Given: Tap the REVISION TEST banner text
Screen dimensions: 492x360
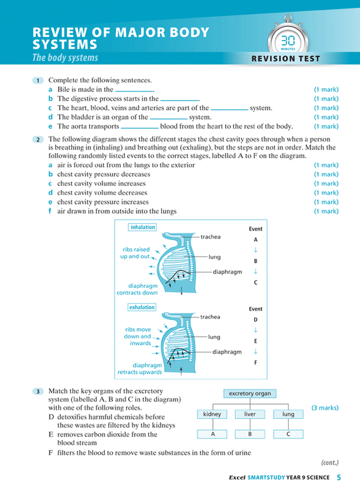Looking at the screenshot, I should pyautogui.click(x=286, y=58).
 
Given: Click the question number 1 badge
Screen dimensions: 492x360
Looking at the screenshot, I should pyautogui.click(x=38, y=80).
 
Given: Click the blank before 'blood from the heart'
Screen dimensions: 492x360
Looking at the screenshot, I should pyautogui.click(x=139, y=127).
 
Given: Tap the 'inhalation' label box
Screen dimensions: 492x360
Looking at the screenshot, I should pyautogui.click(x=142, y=227).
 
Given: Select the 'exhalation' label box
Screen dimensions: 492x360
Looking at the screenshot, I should pyautogui.click(x=142, y=308).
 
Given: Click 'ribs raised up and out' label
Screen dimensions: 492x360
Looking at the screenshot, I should pyautogui.click(x=135, y=252).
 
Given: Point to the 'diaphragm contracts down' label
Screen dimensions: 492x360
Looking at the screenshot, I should pyautogui.click(x=137, y=289).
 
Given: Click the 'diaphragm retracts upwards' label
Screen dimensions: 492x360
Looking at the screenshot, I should pyautogui.click(x=139, y=368).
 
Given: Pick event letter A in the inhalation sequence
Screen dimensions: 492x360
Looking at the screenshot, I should pyautogui.click(x=255, y=239).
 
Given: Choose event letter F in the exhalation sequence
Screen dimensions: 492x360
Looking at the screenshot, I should pyautogui.click(x=255, y=363).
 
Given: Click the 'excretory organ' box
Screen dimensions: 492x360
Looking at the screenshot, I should pyautogui.click(x=250, y=394).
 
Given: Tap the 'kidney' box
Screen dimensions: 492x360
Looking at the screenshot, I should pyautogui.click(x=211, y=414).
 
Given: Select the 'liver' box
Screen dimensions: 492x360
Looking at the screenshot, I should pyautogui.click(x=250, y=414).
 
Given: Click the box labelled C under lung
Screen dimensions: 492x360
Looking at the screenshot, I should pyautogui.click(x=288, y=434).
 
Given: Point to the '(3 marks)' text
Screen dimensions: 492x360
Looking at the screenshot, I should pyautogui.click(x=325, y=408).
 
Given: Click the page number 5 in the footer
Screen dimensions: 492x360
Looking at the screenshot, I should pyautogui.click(x=339, y=478).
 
